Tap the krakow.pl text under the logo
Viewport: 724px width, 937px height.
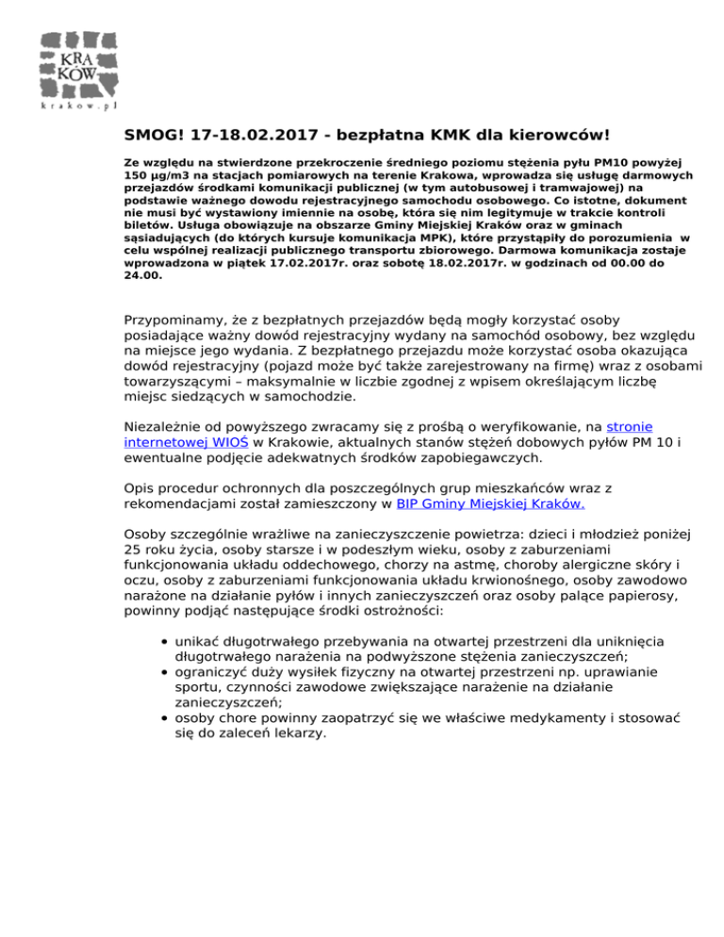tap(79, 106)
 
